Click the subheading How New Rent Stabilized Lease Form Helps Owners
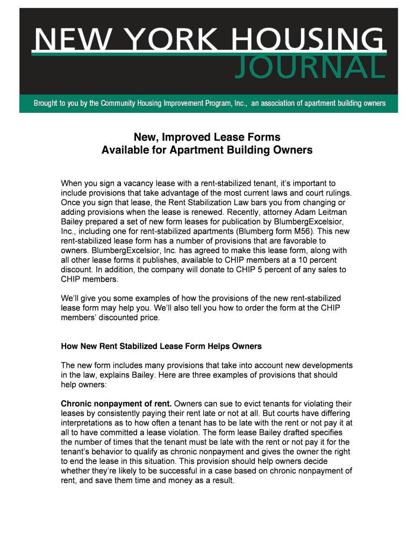coord(161,346)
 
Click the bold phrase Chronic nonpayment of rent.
coord(117,403)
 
